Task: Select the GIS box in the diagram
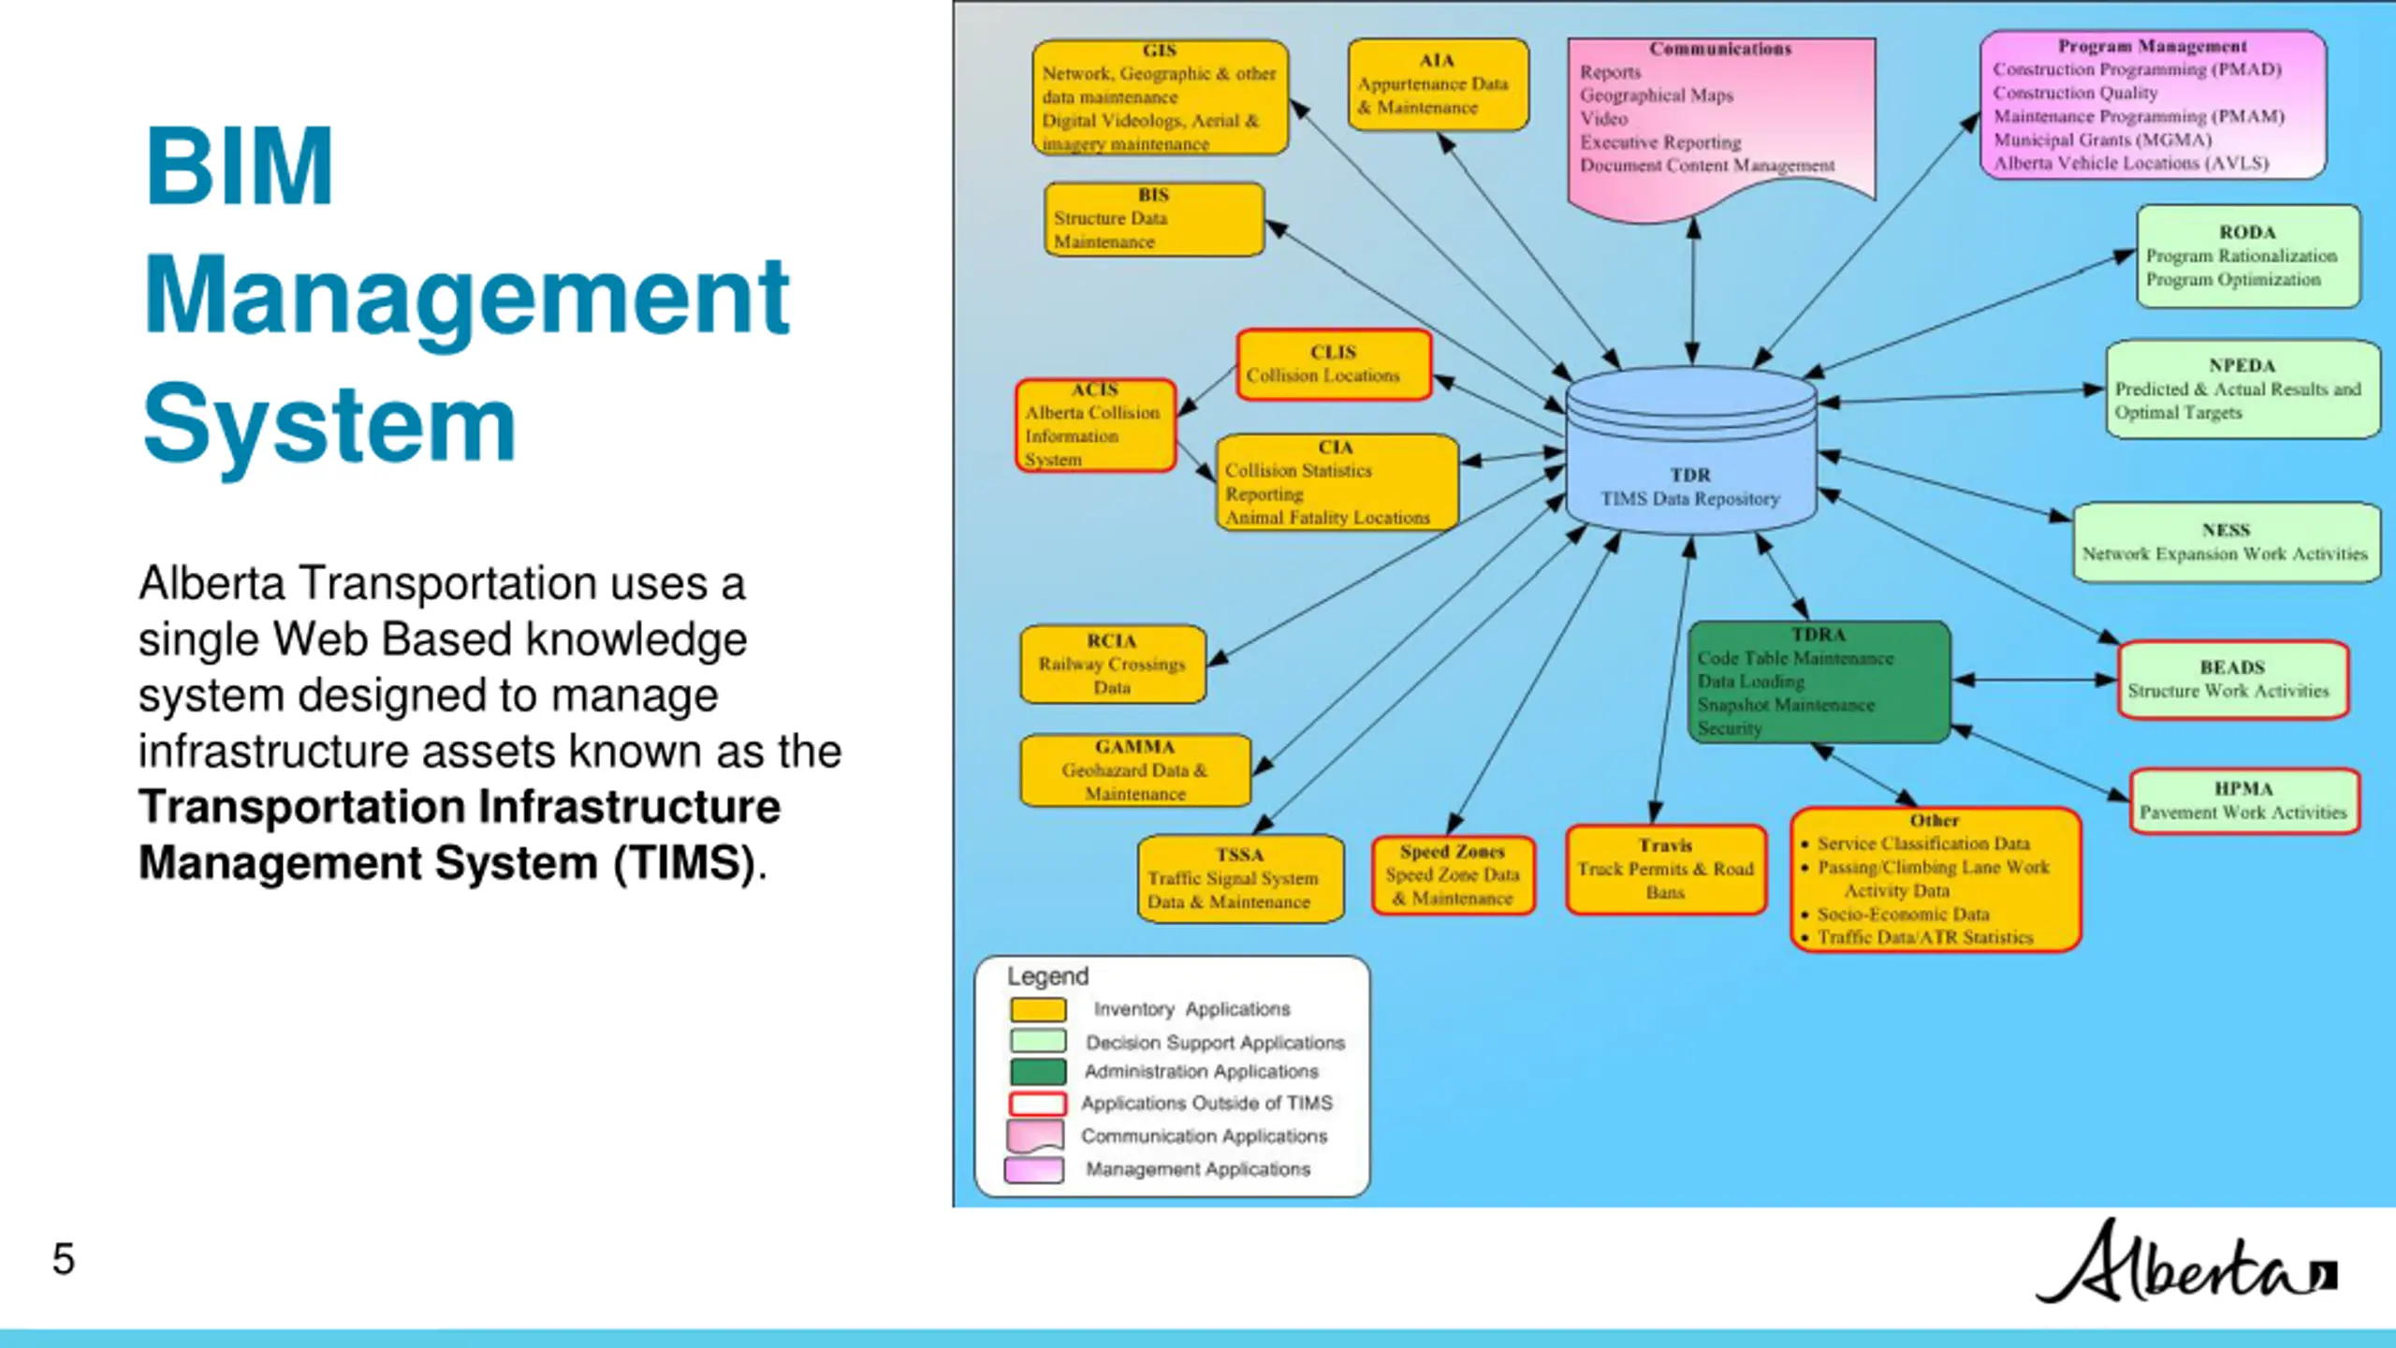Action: (x=1160, y=97)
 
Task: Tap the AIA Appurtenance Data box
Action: (x=1438, y=84)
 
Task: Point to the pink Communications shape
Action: (x=1720, y=117)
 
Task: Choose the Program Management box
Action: (x=2152, y=105)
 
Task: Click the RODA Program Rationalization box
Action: (x=2247, y=256)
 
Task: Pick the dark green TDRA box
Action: (x=1819, y=681)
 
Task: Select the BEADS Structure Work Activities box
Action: (x=2232, y=680)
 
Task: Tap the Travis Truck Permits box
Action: (x=1665, y=869)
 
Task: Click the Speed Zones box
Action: (x=1453, y=874)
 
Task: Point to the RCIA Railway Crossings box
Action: (x=1112, y=664)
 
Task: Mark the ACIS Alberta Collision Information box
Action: (x=1094, y=425)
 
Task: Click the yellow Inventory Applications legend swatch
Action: (x=1037, y=1009)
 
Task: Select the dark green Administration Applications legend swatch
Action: (x=1037, y=1071)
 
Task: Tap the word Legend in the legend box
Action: (x=1047, y=976)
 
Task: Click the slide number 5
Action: (x=63, y=1259)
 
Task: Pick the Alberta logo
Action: (x=2185, y=1264)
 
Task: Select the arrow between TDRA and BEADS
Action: (x=2035, y=680)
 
